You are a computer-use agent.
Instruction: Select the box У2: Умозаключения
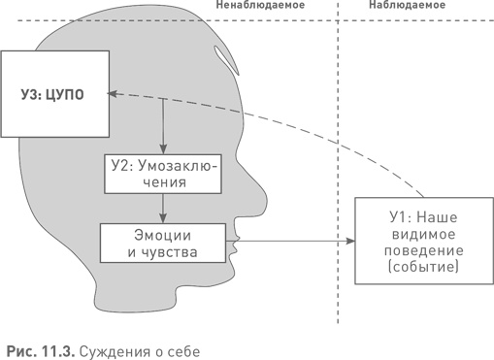tap(162, 172)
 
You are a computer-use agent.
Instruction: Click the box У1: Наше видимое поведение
tap(407, 241)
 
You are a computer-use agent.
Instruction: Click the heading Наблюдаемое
tap(408, 6)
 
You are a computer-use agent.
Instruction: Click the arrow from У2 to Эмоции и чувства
tap(162, 207)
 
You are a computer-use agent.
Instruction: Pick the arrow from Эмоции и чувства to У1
tap(291, 241)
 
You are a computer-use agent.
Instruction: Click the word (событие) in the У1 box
tap(407, 267)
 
